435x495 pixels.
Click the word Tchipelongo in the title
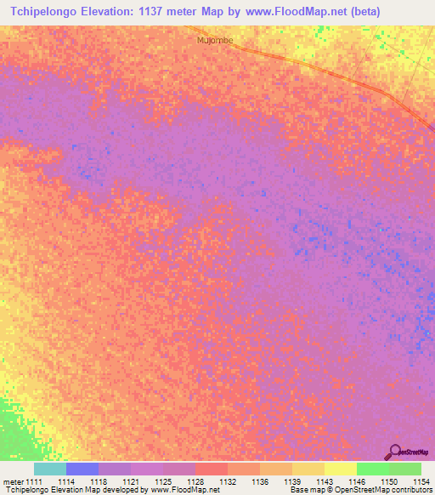(42, 11)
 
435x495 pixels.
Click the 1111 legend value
(33, 481)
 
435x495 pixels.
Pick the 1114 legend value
(65, 481)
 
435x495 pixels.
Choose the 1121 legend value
(130, 481)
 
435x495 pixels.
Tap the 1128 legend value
(195, 481)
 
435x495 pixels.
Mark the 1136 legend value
(259, 481)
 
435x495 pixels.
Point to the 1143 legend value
(324, 481)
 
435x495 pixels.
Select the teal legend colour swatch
(49, 469)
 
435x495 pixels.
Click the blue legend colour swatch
(82, 469)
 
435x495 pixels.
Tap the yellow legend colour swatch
(340, 469)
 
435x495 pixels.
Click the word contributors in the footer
(410, 491)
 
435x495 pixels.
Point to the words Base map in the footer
(303, 491)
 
